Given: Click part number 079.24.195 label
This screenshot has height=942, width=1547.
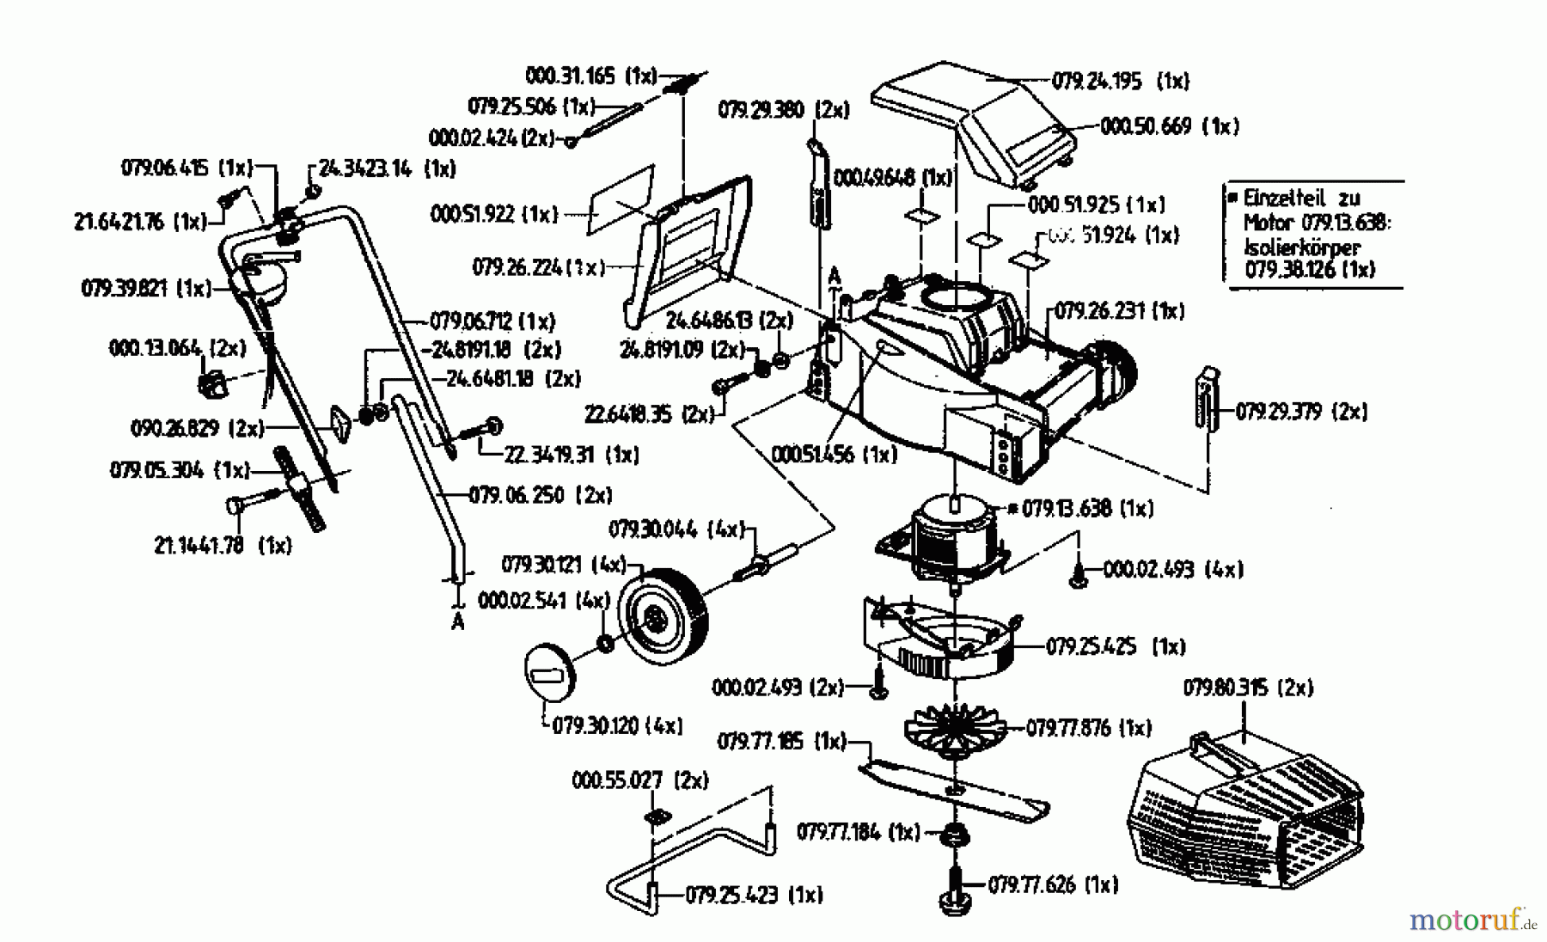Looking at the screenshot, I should click(x=1097, y=82).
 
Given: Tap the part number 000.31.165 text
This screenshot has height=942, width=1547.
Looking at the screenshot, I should click(x=569, y=76).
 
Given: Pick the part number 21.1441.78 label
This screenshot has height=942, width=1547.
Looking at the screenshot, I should click(x=199, y=545).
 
